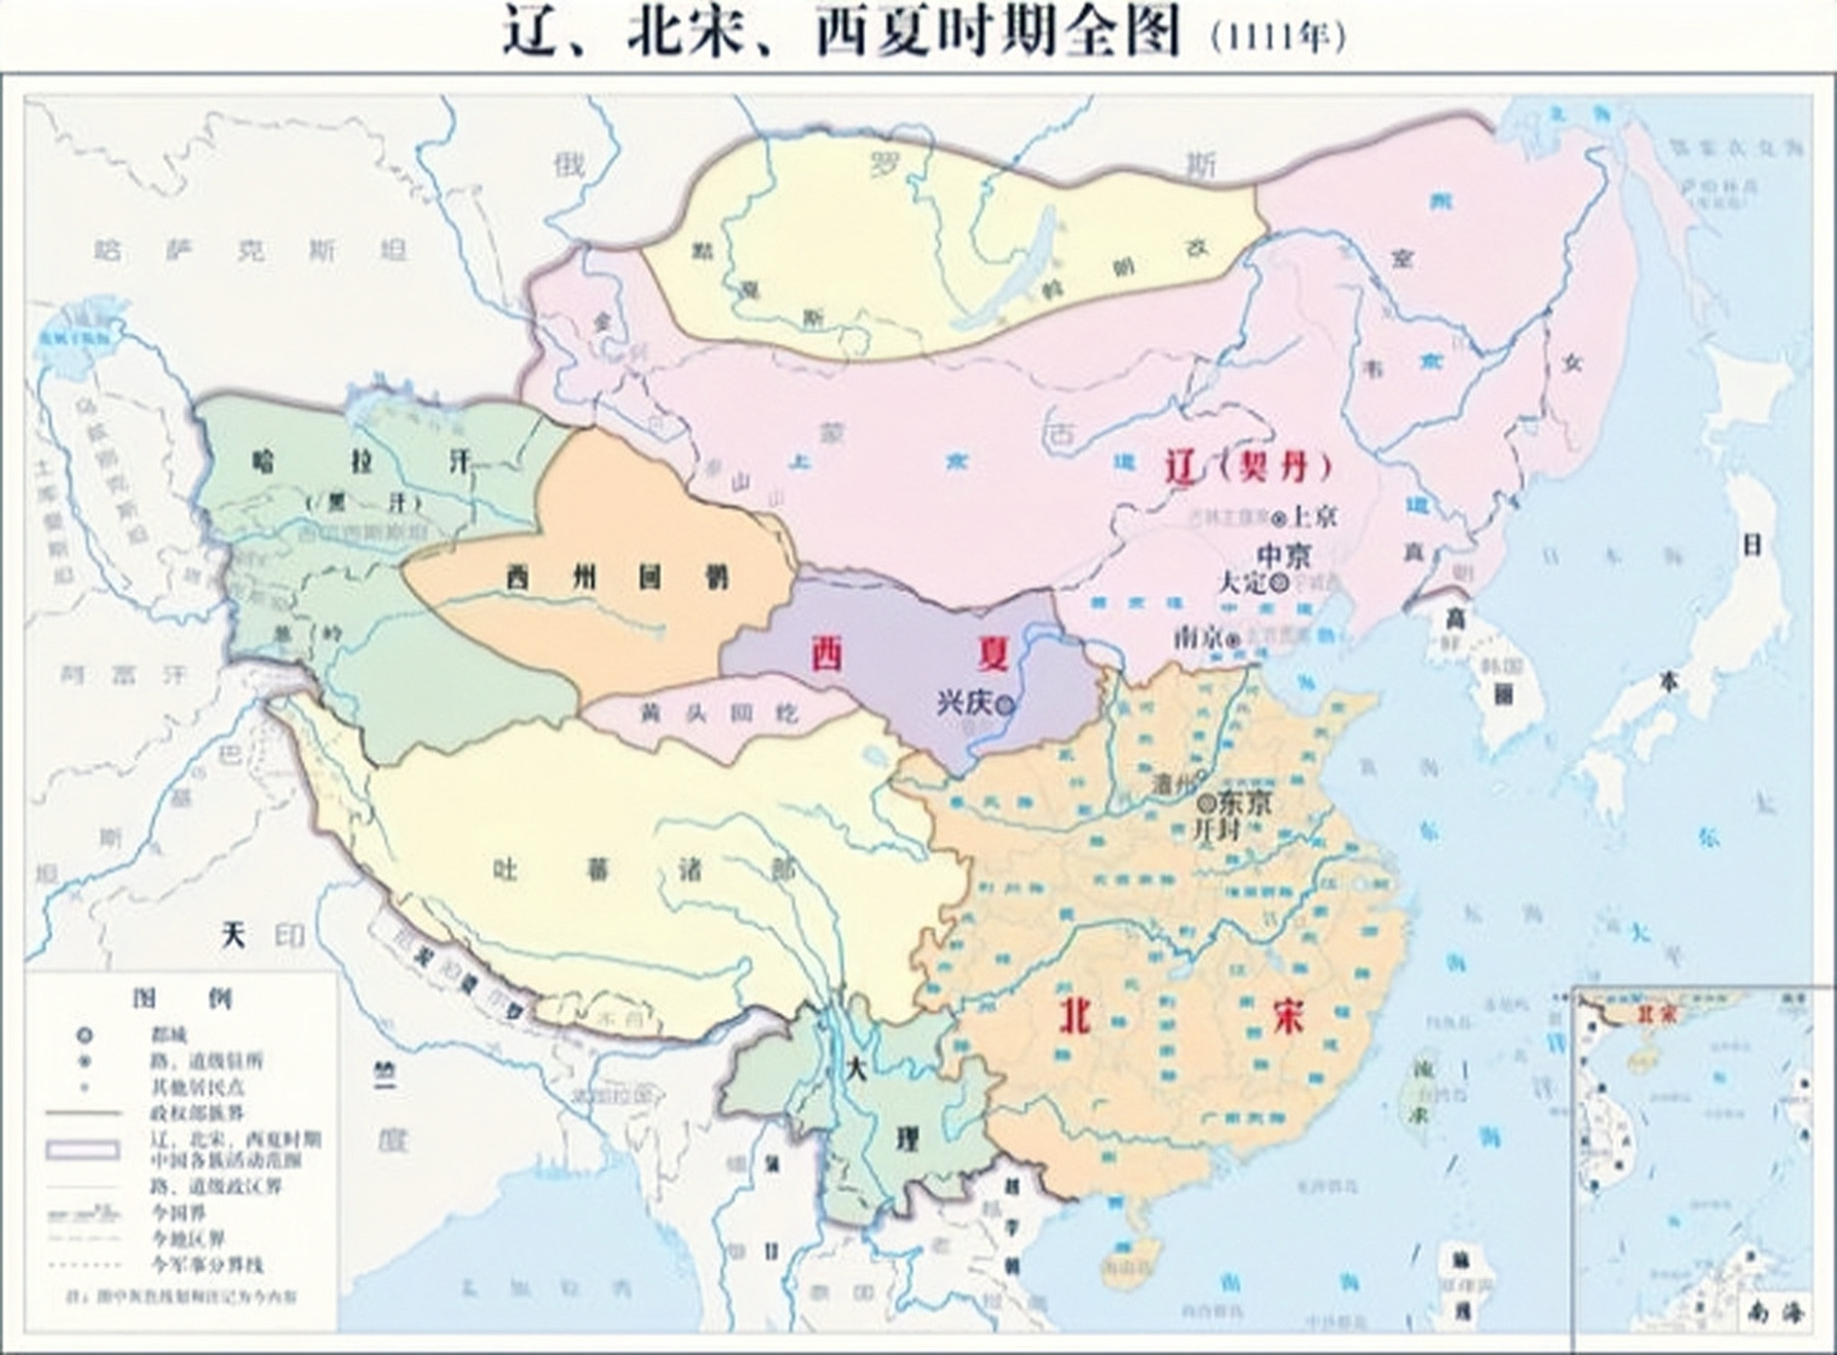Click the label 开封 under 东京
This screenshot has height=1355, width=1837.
point(1216,830)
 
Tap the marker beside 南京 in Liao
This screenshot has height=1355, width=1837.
point(1233,642)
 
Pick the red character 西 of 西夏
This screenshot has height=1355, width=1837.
point(826,654)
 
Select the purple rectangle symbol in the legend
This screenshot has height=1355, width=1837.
point(83,1149)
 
